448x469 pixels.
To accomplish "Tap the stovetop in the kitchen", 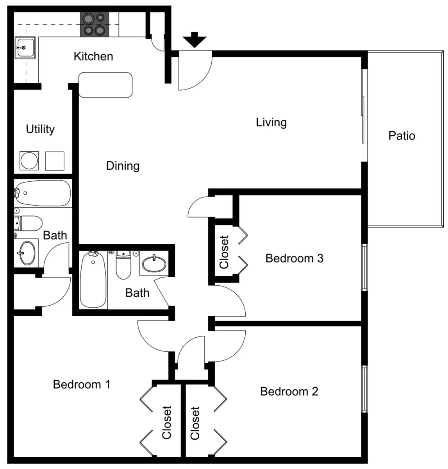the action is point(95,24).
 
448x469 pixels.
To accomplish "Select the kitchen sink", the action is point(25,47).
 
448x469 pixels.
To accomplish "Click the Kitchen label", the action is point(93,56).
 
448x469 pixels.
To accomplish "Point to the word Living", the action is point(271,122).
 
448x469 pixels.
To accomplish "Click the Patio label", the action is point(402,136).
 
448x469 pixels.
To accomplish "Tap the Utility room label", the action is point(40,129).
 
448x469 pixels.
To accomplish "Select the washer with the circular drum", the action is point(29,161).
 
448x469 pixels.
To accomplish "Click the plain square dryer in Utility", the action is point(55,161).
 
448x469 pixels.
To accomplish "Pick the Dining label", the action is point(123,166).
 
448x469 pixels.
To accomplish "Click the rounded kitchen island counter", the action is point(105,85).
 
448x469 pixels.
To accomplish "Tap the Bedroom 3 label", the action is point(295,258).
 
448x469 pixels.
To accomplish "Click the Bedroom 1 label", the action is point(82,385).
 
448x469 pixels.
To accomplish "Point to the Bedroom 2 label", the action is point(289,391).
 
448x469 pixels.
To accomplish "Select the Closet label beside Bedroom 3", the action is point(224,252).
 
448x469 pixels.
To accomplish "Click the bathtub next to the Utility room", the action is point(43,193).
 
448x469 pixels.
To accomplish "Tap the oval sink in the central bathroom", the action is point(154,264).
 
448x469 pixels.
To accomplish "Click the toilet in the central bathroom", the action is point(123,265).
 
